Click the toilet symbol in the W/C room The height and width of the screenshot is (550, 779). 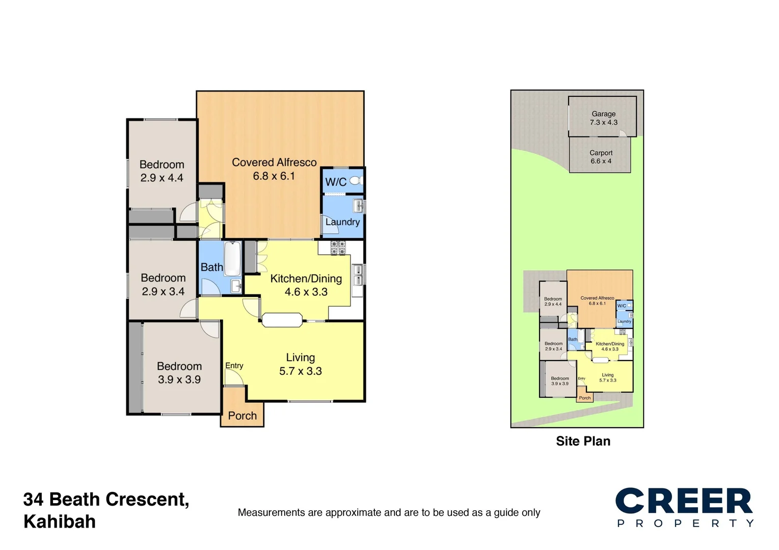click(356, 181)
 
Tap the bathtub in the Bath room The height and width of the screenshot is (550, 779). click(232, 258)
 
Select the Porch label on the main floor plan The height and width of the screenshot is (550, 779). click(243, 416)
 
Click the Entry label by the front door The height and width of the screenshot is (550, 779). click(234, 366)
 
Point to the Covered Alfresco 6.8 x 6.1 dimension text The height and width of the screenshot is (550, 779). click(274, 176)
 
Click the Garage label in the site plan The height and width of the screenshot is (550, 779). click(604, 114)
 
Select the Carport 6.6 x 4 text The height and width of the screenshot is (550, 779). click(601, 157)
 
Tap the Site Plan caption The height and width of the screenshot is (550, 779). click(583, 441)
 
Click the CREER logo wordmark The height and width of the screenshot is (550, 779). click(684, 501)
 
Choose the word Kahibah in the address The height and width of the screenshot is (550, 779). click(60, 522)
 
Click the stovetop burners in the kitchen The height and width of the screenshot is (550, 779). click(338, 248)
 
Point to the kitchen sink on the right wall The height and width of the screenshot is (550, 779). click(358, 274)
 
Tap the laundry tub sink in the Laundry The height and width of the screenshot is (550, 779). click(359, 206)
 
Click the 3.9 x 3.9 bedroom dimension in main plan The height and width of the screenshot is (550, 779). click(179, 379)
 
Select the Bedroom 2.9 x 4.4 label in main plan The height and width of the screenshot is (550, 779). click(162, 171)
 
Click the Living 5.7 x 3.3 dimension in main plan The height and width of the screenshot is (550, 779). click(301, 371)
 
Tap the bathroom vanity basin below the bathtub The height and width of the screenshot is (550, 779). click(236, 286)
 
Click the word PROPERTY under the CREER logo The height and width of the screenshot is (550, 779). click(685, 524)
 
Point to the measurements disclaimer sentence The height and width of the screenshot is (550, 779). click(389, 513)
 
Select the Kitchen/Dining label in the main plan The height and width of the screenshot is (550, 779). click(306, 279)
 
